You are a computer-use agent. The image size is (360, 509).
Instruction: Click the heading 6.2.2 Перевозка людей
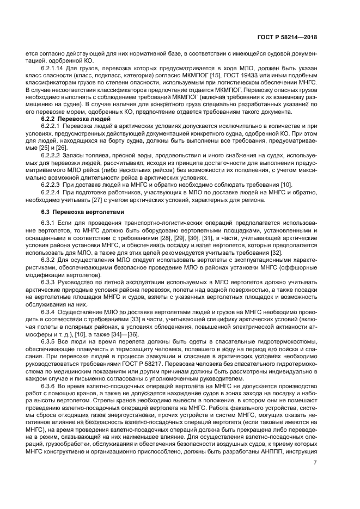tap(76, 119)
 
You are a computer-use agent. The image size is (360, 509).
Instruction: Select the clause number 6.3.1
tap(48, 224)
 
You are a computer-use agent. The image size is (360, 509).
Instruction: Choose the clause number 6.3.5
tap(48, 341)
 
